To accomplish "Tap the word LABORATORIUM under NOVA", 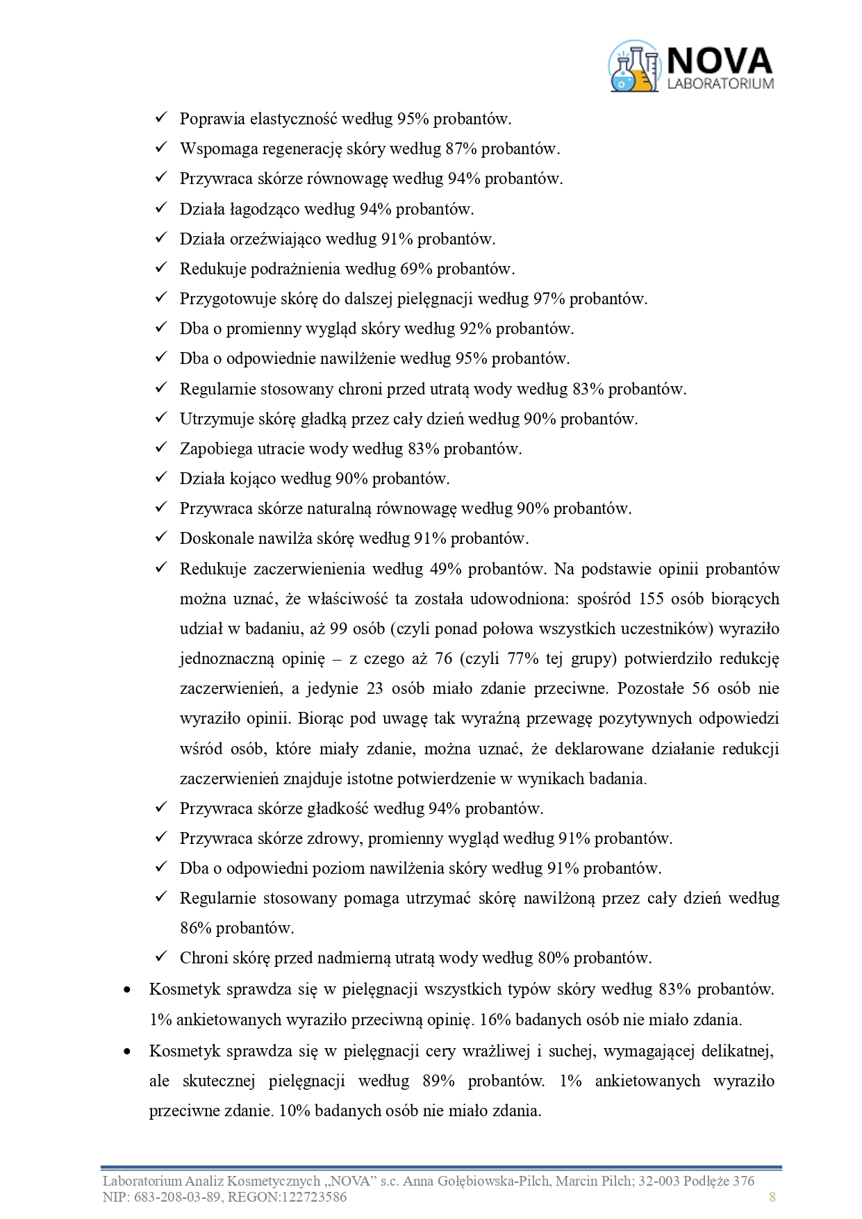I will [x=720, y=83].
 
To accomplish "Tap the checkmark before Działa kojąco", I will [x=161, y=478].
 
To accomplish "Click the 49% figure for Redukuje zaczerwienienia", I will [x=446, y=569].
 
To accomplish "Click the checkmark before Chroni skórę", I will [x=161, y=957].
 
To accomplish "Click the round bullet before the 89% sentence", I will [x=126, y=1051].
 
